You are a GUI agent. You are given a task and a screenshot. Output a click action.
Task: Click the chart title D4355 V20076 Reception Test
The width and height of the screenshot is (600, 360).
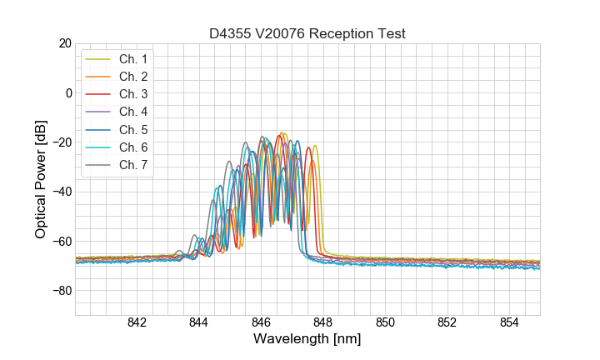coord(307,33)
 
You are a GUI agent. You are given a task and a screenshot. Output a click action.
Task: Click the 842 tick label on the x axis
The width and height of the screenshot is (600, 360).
coord(137,323)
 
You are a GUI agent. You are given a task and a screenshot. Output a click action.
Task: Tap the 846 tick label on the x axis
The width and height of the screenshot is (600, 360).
coord(261,323)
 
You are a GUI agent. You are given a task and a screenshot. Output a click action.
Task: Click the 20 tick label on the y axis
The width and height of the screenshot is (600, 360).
coord(64,43)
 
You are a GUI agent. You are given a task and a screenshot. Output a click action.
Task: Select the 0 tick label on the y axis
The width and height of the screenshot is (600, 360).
coord(68,92)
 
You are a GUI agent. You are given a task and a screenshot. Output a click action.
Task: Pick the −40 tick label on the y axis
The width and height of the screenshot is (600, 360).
coord(61,192)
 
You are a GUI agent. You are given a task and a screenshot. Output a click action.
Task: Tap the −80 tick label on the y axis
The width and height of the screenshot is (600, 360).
coord(61,291)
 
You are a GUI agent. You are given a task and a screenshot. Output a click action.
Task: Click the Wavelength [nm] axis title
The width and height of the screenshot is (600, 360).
coord(307,340)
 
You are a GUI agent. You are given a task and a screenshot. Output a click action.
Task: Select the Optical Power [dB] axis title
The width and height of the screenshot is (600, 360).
coord(41,179)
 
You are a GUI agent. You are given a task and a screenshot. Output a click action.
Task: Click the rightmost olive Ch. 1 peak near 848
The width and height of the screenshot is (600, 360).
coord(315,146)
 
